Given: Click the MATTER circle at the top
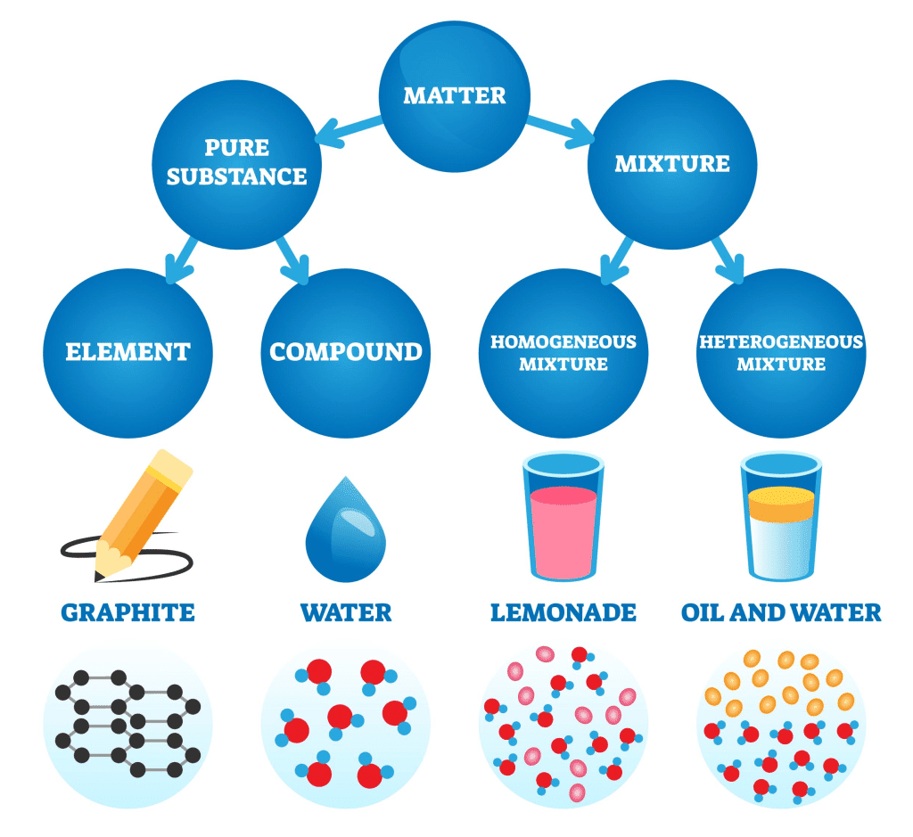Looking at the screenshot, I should [455, 94].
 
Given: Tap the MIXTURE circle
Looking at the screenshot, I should [671, 164].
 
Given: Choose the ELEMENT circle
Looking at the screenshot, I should [128, 351].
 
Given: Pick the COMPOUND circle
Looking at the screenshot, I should [346, 351].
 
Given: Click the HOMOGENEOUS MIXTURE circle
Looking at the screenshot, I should [563, 353].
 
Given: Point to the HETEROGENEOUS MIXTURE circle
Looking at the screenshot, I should [780, 353].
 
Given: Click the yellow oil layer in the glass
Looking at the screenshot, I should [781, 504].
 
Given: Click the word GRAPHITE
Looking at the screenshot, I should [127, 613].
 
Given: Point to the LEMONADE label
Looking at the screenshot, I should [563, 613].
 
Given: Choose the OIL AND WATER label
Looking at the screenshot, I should [781, 613].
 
